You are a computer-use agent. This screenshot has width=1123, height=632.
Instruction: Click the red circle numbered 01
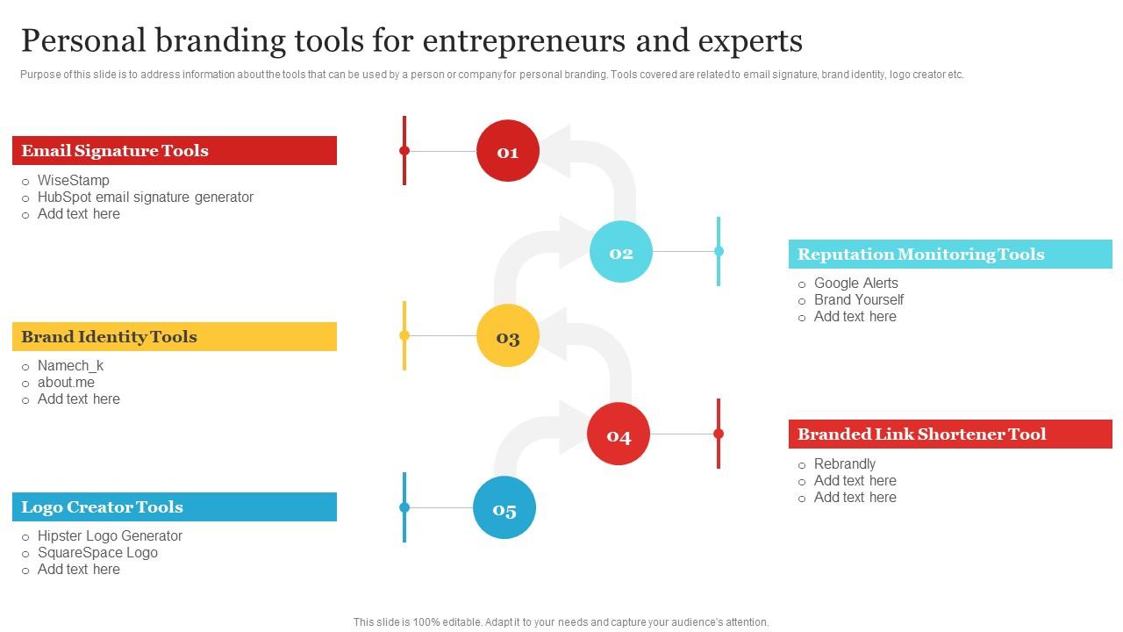(x=507, y=151)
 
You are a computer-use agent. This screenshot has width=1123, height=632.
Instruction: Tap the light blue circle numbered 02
(x=621, y=252)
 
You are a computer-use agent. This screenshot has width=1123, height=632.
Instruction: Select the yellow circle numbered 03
(x=507, y=336)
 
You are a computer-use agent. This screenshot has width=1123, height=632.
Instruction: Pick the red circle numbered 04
(x=619, y=434)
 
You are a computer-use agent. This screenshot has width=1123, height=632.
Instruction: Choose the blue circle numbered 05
(x=504, y=508)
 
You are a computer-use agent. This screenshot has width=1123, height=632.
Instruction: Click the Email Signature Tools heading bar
(x=175, y=150)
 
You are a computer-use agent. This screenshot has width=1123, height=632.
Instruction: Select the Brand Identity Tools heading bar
(x=175, y=336)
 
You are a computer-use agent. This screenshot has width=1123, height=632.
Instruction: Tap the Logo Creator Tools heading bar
(x=175, y=507)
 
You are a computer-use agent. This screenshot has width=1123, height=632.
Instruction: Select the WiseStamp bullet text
(x=74, y=180)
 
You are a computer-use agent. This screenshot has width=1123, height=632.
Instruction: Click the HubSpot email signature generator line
(x=146, y=197)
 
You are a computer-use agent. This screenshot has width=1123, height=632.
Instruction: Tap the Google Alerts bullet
(x=855, y=283)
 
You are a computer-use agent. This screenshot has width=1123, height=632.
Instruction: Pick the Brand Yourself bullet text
(x=858, y=299)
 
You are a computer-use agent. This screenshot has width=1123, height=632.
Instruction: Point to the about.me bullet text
(x=66, y=382)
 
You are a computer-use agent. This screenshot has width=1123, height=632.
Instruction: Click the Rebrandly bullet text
(x=844, y=463)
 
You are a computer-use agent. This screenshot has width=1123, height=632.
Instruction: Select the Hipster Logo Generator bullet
(x=110, y=535)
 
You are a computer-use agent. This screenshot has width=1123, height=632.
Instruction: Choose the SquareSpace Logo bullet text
(x=97, y=552)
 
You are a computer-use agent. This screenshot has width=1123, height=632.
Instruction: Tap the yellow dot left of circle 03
(x=404, y=335)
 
